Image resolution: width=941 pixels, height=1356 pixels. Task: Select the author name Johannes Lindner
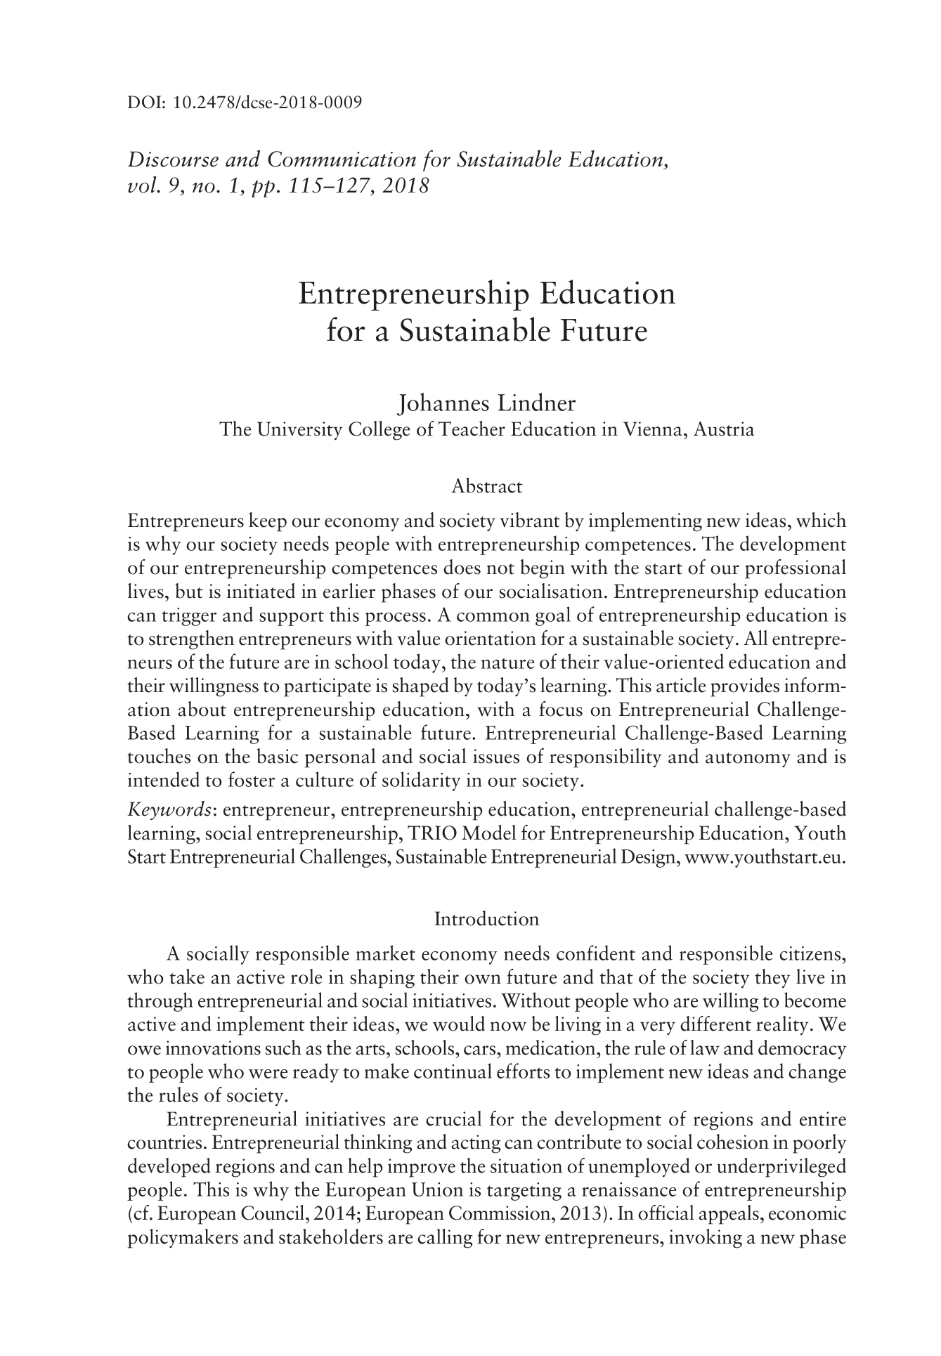486,404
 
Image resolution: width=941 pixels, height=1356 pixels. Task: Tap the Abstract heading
486,486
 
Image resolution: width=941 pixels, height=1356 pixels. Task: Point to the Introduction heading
486,919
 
